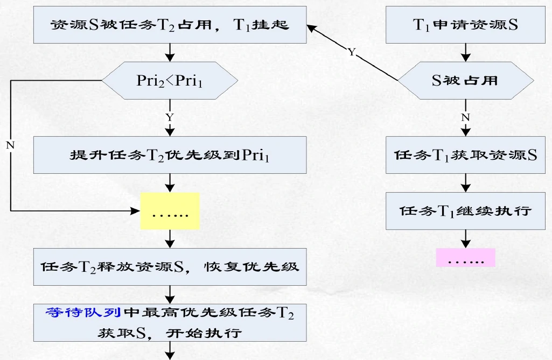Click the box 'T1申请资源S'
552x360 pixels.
(465, 25)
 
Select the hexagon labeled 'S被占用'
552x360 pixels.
(465, 81)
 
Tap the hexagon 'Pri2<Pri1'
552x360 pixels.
(170, 81)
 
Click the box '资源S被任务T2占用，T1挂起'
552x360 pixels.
(170, 25)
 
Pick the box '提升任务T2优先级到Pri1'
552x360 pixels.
(170, 155)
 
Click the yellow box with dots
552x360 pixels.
(170, 211)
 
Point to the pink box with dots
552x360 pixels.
(465, 257)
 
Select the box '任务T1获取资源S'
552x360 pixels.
(465, 155)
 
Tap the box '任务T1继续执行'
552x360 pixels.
(465, 210)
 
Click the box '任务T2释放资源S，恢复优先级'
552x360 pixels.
(170, 267)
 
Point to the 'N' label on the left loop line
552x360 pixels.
(10, 145)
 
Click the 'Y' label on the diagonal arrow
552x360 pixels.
(352, 53)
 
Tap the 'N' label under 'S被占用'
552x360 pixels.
(465, 116)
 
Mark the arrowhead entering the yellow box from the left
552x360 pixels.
(136, 210)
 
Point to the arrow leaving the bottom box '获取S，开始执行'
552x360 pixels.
(170, 352)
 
